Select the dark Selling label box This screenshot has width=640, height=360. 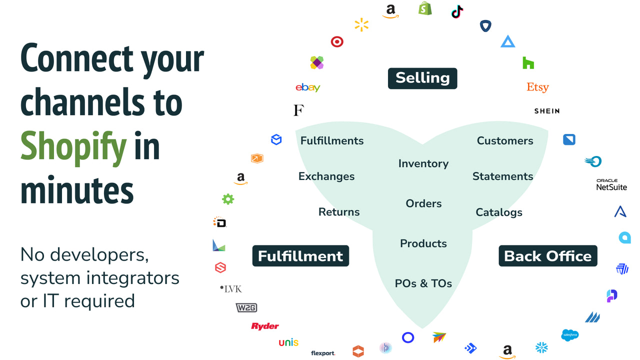422,78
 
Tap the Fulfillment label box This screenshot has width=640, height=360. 300,256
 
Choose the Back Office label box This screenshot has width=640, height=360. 548,256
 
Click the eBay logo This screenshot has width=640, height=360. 307,87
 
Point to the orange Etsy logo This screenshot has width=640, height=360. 537,87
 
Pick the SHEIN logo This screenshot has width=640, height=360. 546,111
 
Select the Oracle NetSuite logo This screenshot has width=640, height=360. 611,185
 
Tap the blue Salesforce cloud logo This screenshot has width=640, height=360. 570,335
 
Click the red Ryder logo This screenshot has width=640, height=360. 264,326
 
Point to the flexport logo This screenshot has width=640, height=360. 323,353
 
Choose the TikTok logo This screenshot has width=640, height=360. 457,12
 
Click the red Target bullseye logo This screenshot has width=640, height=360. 337,42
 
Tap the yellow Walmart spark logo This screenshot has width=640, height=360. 361,25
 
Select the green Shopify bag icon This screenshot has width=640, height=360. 425,8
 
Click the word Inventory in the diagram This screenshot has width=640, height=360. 423,163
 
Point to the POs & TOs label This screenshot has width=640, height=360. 423,283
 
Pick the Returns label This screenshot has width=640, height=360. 339,212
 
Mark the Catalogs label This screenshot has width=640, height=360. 498,212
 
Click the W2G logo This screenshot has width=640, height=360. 246,307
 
